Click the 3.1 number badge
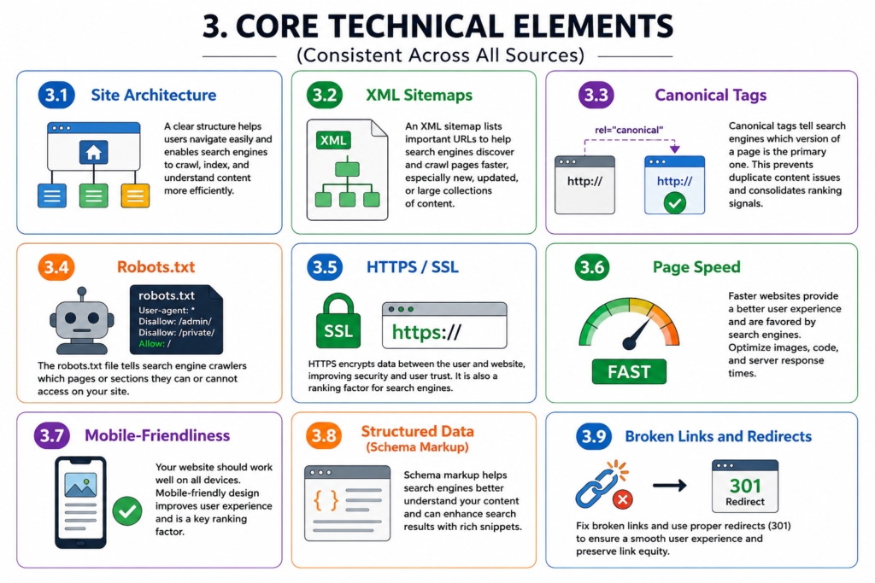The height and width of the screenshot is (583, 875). (56, 96)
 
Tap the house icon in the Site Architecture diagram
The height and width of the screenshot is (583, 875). (93, 152)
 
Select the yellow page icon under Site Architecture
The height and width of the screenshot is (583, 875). (136, 195)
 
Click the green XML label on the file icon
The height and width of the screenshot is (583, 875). (333, 140)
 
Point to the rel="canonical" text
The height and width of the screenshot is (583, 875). (629, 130)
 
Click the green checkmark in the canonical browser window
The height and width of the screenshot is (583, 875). (675, 202)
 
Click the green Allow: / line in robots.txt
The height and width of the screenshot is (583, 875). (155, 343)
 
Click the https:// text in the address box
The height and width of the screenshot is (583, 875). (426, 332)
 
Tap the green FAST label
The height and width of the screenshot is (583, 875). (629, 372)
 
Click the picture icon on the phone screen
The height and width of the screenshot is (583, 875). (80, 485)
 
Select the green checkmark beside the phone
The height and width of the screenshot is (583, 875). (127, 510)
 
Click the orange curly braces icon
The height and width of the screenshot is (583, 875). (326, 500)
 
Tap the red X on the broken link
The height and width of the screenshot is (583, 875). (622, 499)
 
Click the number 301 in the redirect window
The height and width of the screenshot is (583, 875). (745, 486)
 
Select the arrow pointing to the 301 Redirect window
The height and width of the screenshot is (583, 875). (670, 486)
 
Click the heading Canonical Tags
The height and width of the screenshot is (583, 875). (710, 96)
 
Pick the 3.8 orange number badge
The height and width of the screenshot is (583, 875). (324, 435)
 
